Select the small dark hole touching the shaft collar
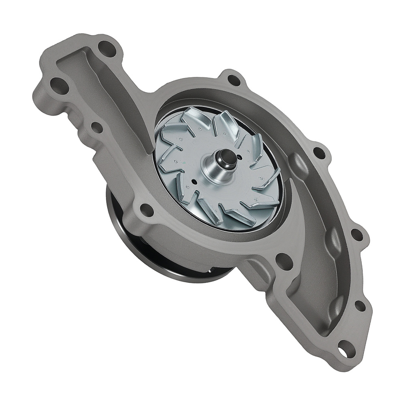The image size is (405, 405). (x=240, y=158)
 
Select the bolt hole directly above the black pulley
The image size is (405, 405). (x=146, y=209)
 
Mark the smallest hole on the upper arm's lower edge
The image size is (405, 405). (x=96, y=128)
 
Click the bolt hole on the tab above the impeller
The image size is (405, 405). (x=234, y=79)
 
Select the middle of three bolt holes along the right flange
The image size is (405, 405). (x=356, y=234)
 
